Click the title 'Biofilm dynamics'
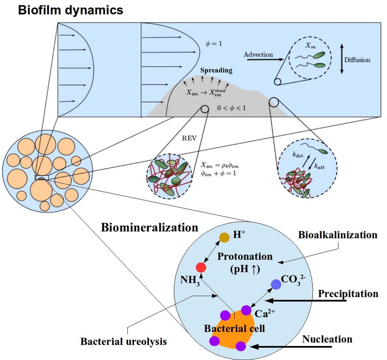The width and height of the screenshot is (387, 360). click(70, 10)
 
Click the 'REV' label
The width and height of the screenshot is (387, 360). click(187, 137)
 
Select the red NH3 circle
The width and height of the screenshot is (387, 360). click(201, 267)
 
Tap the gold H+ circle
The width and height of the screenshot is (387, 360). click(224, 237)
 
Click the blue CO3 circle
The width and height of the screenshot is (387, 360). click(276, 285)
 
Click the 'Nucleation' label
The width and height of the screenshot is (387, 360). click(327, 340)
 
